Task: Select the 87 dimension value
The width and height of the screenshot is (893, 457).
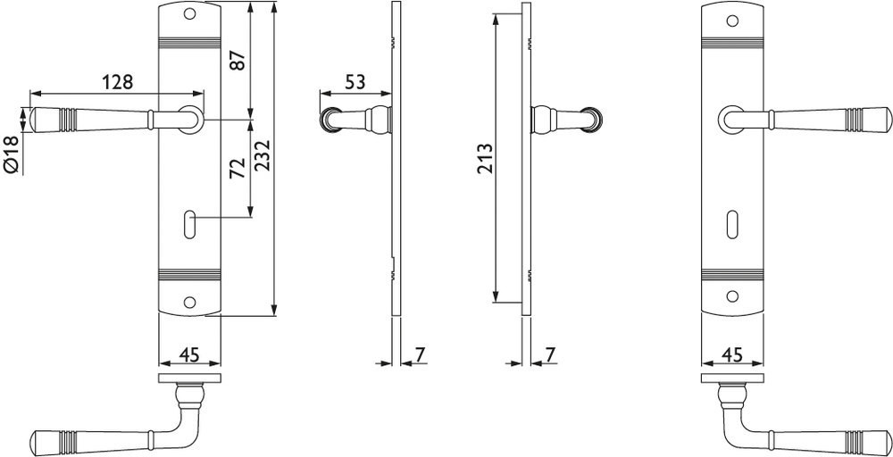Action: pyautogui.click(x=238, y=60)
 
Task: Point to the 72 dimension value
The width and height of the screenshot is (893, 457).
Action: pyautogui.click(x=238, y=169)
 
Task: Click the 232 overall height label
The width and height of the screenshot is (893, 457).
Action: pyautogui.click(x=262, y=154)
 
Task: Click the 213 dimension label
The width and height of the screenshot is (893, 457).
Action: pyautogui.click(x=485, y=160)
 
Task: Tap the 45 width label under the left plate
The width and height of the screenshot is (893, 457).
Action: pyautogui.click(x=189, y=355)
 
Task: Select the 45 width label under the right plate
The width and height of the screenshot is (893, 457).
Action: pyautogui.click(x=732, y=355)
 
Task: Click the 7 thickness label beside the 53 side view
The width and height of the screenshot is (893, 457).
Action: pyautogui.click(x=420, y=354)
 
